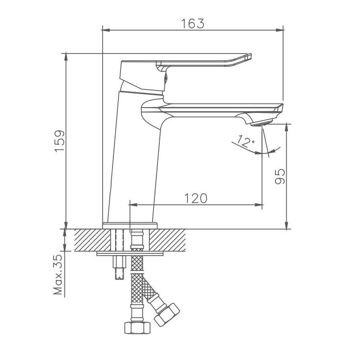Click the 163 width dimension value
(193, 23)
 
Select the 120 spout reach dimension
(195, 198)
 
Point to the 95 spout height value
(280, 176)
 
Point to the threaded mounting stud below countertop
(119, 269)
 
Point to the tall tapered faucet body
(133, 162)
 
